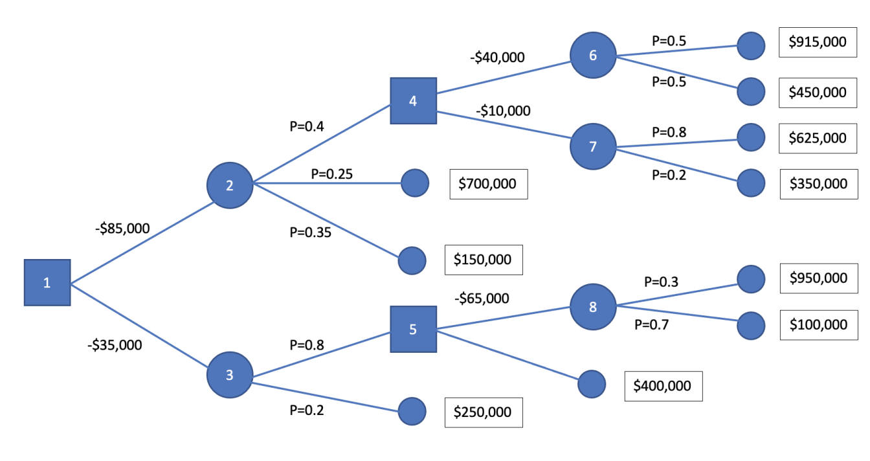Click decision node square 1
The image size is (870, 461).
point(47,282)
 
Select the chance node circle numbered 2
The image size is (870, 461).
point(229,185)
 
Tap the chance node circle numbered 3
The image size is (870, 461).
point(229,375)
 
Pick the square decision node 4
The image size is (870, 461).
point(413,101)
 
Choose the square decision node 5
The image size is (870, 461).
point(413,329)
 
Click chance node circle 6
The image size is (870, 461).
point(592,56)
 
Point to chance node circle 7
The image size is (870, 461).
point(592,146)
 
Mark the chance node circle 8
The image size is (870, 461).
point(592,307)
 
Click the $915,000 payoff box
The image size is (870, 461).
point(818,42)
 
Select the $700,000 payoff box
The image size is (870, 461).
point(488,184)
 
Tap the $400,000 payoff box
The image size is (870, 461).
point(662,387)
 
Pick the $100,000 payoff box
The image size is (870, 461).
point(818,324)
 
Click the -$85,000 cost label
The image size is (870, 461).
point(122,228)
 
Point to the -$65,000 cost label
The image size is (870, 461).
point(482,298)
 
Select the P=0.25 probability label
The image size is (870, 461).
point(331,174)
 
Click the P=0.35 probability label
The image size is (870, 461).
point(310,232)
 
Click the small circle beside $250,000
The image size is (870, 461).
point(412,410)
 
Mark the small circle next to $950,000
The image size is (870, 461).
point(751,278)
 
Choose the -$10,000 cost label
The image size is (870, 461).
point(503,111)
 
